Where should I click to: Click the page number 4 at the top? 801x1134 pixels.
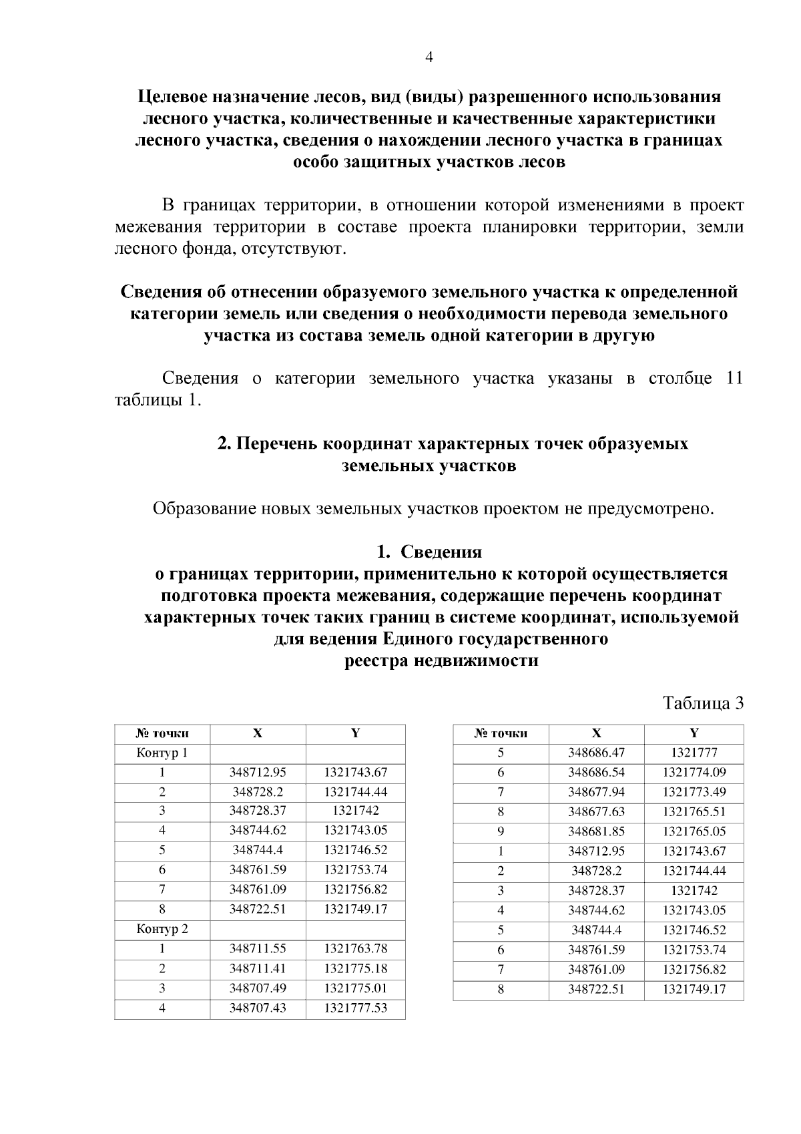[x=429, y=57]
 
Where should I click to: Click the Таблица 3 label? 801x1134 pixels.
[x=702, y=703]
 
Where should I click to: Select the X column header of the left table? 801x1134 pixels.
[x=258, y=733]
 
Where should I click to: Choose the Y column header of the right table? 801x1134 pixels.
[x=694, y=733]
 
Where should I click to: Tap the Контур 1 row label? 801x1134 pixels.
[x=162, y=753]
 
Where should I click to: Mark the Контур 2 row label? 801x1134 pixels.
[x=162, y=929]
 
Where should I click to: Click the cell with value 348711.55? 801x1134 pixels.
[x=258, y=949]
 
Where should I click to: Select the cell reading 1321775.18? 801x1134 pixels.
[x=355, y=968]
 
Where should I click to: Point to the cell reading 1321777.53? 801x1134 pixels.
[x=355, y=1008]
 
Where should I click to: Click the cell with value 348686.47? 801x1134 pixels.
[x=596, y=753]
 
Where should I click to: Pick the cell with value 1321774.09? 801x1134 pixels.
[x=694, y=773]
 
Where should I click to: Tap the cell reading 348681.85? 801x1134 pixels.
[x=596, y=831]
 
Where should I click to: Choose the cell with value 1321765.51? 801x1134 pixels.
[x=694, y=812]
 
